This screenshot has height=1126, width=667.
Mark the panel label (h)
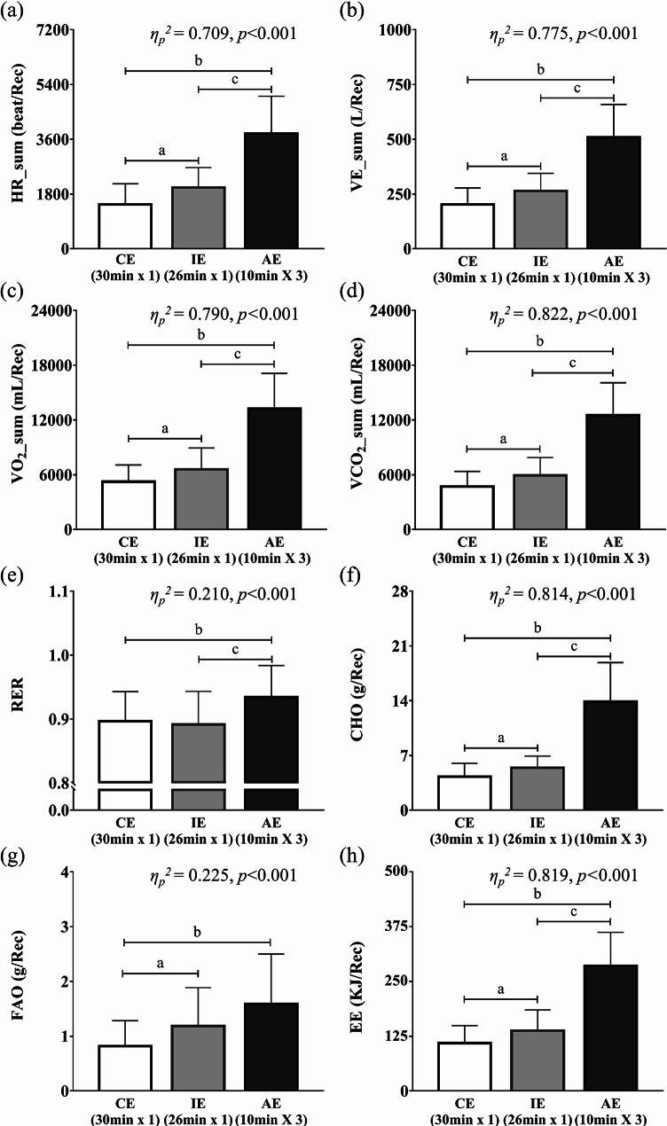[347, 855]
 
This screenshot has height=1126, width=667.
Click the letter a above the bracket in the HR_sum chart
[161, 151]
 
